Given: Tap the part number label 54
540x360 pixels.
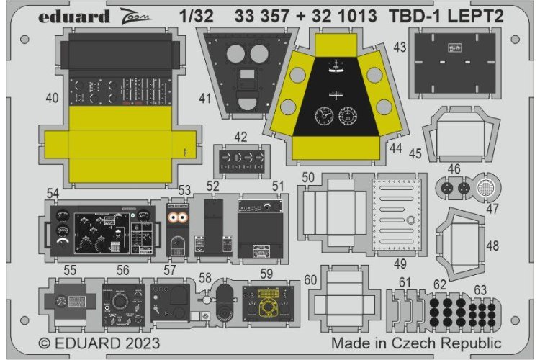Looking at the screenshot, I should tap(53, 193).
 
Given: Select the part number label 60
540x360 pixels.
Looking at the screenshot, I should tap(310, 280).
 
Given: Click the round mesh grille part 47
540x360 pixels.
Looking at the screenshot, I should tap(486, 188).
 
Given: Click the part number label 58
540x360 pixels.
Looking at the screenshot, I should tap(205, 277).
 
